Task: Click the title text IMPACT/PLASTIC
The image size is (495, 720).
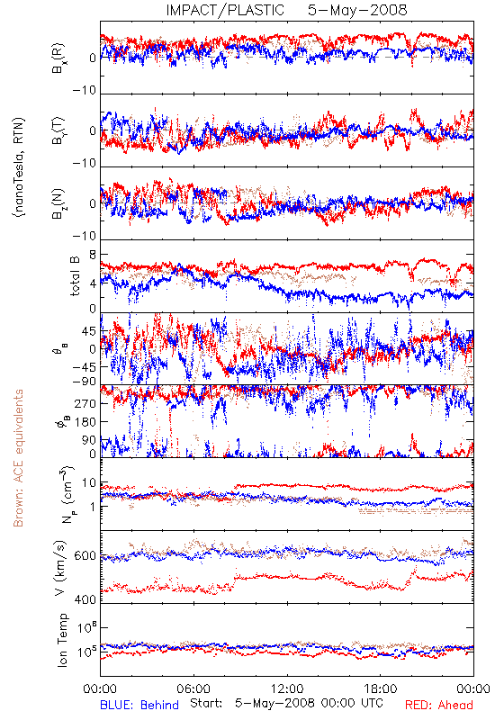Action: tap(225, 10)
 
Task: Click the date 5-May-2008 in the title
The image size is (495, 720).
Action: tap(357, 10)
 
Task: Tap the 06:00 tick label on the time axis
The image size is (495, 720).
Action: tap(193, 688)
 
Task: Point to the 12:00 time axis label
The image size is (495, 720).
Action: tap(287, 688)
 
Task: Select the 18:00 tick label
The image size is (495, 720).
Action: tap(381, 688)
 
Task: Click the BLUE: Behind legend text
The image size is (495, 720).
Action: tap(139, 705)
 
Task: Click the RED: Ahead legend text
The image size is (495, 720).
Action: tap(439, 705)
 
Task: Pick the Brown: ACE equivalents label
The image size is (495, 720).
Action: tap(18, 458)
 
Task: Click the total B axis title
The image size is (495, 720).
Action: tap(75, 276)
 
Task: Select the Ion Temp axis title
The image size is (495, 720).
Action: tap(62, 640)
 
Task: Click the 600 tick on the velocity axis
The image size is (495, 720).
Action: tap(85, 556)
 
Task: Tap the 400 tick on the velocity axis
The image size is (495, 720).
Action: tap(85, 599)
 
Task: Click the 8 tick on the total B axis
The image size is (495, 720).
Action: tap(93, 255)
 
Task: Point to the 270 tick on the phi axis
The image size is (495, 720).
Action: tap(85, 403)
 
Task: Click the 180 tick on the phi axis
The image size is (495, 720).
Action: tap(85, 421)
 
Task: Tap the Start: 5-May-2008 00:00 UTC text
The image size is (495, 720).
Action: tap(286, 704)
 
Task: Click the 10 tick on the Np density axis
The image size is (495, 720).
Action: tap(89, 483)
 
